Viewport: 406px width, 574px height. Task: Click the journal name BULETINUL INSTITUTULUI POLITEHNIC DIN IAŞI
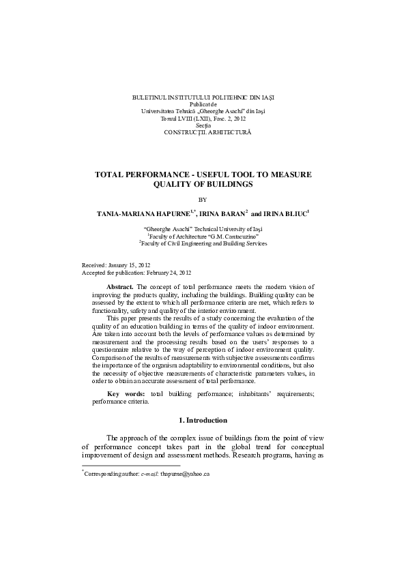tap(203, 97)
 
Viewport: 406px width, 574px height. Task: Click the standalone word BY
tap(202, 200)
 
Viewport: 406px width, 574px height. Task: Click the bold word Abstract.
tap(121, 288)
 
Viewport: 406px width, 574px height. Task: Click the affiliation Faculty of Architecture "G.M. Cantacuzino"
tap(203, 236)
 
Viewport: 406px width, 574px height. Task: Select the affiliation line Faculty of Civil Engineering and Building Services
tap(203, 243)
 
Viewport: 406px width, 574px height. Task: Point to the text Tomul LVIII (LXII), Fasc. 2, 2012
tap(203, 117)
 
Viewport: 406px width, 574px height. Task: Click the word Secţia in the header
tap(203, 124)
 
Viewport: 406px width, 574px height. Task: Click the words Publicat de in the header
tap(203, 104)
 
